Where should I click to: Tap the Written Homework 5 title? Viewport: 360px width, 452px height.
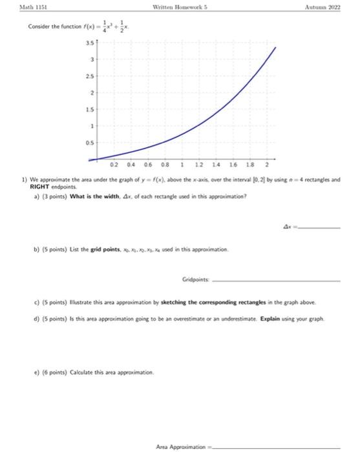(179, 7)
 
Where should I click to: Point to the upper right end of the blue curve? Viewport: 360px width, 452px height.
(276, 47)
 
